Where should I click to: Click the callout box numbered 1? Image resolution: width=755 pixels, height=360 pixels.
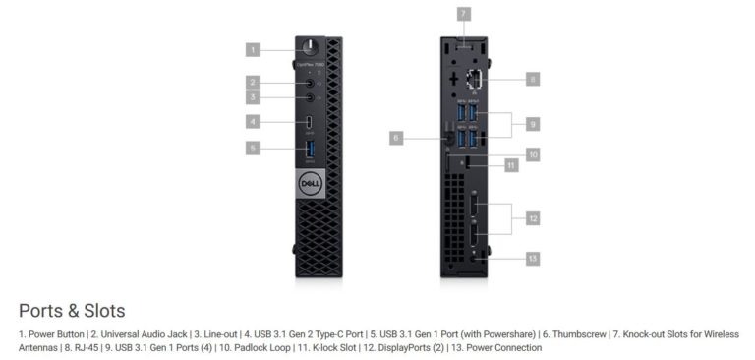[x=253, y=49]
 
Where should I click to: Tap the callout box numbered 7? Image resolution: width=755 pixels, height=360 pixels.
[x=463, y=14]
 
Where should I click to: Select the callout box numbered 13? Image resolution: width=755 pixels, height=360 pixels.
[x=532, y=258]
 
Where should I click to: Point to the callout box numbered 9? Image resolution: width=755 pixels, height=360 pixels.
[x=532, y=124]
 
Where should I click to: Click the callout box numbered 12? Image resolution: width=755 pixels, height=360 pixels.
[x=532, y=218]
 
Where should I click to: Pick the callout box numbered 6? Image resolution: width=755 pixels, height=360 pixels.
[x=396, y=139]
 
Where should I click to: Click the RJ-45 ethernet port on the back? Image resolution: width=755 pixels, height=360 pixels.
[x=473, y=80]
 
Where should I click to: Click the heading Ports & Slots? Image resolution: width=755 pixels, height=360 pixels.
[x=72, y=311]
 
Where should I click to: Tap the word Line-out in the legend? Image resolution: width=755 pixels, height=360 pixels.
[x=216, y=334]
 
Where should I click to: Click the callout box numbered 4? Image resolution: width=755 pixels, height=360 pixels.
[x=253, y=122]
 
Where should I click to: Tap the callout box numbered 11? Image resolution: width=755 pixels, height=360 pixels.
[x=511, y=166]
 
